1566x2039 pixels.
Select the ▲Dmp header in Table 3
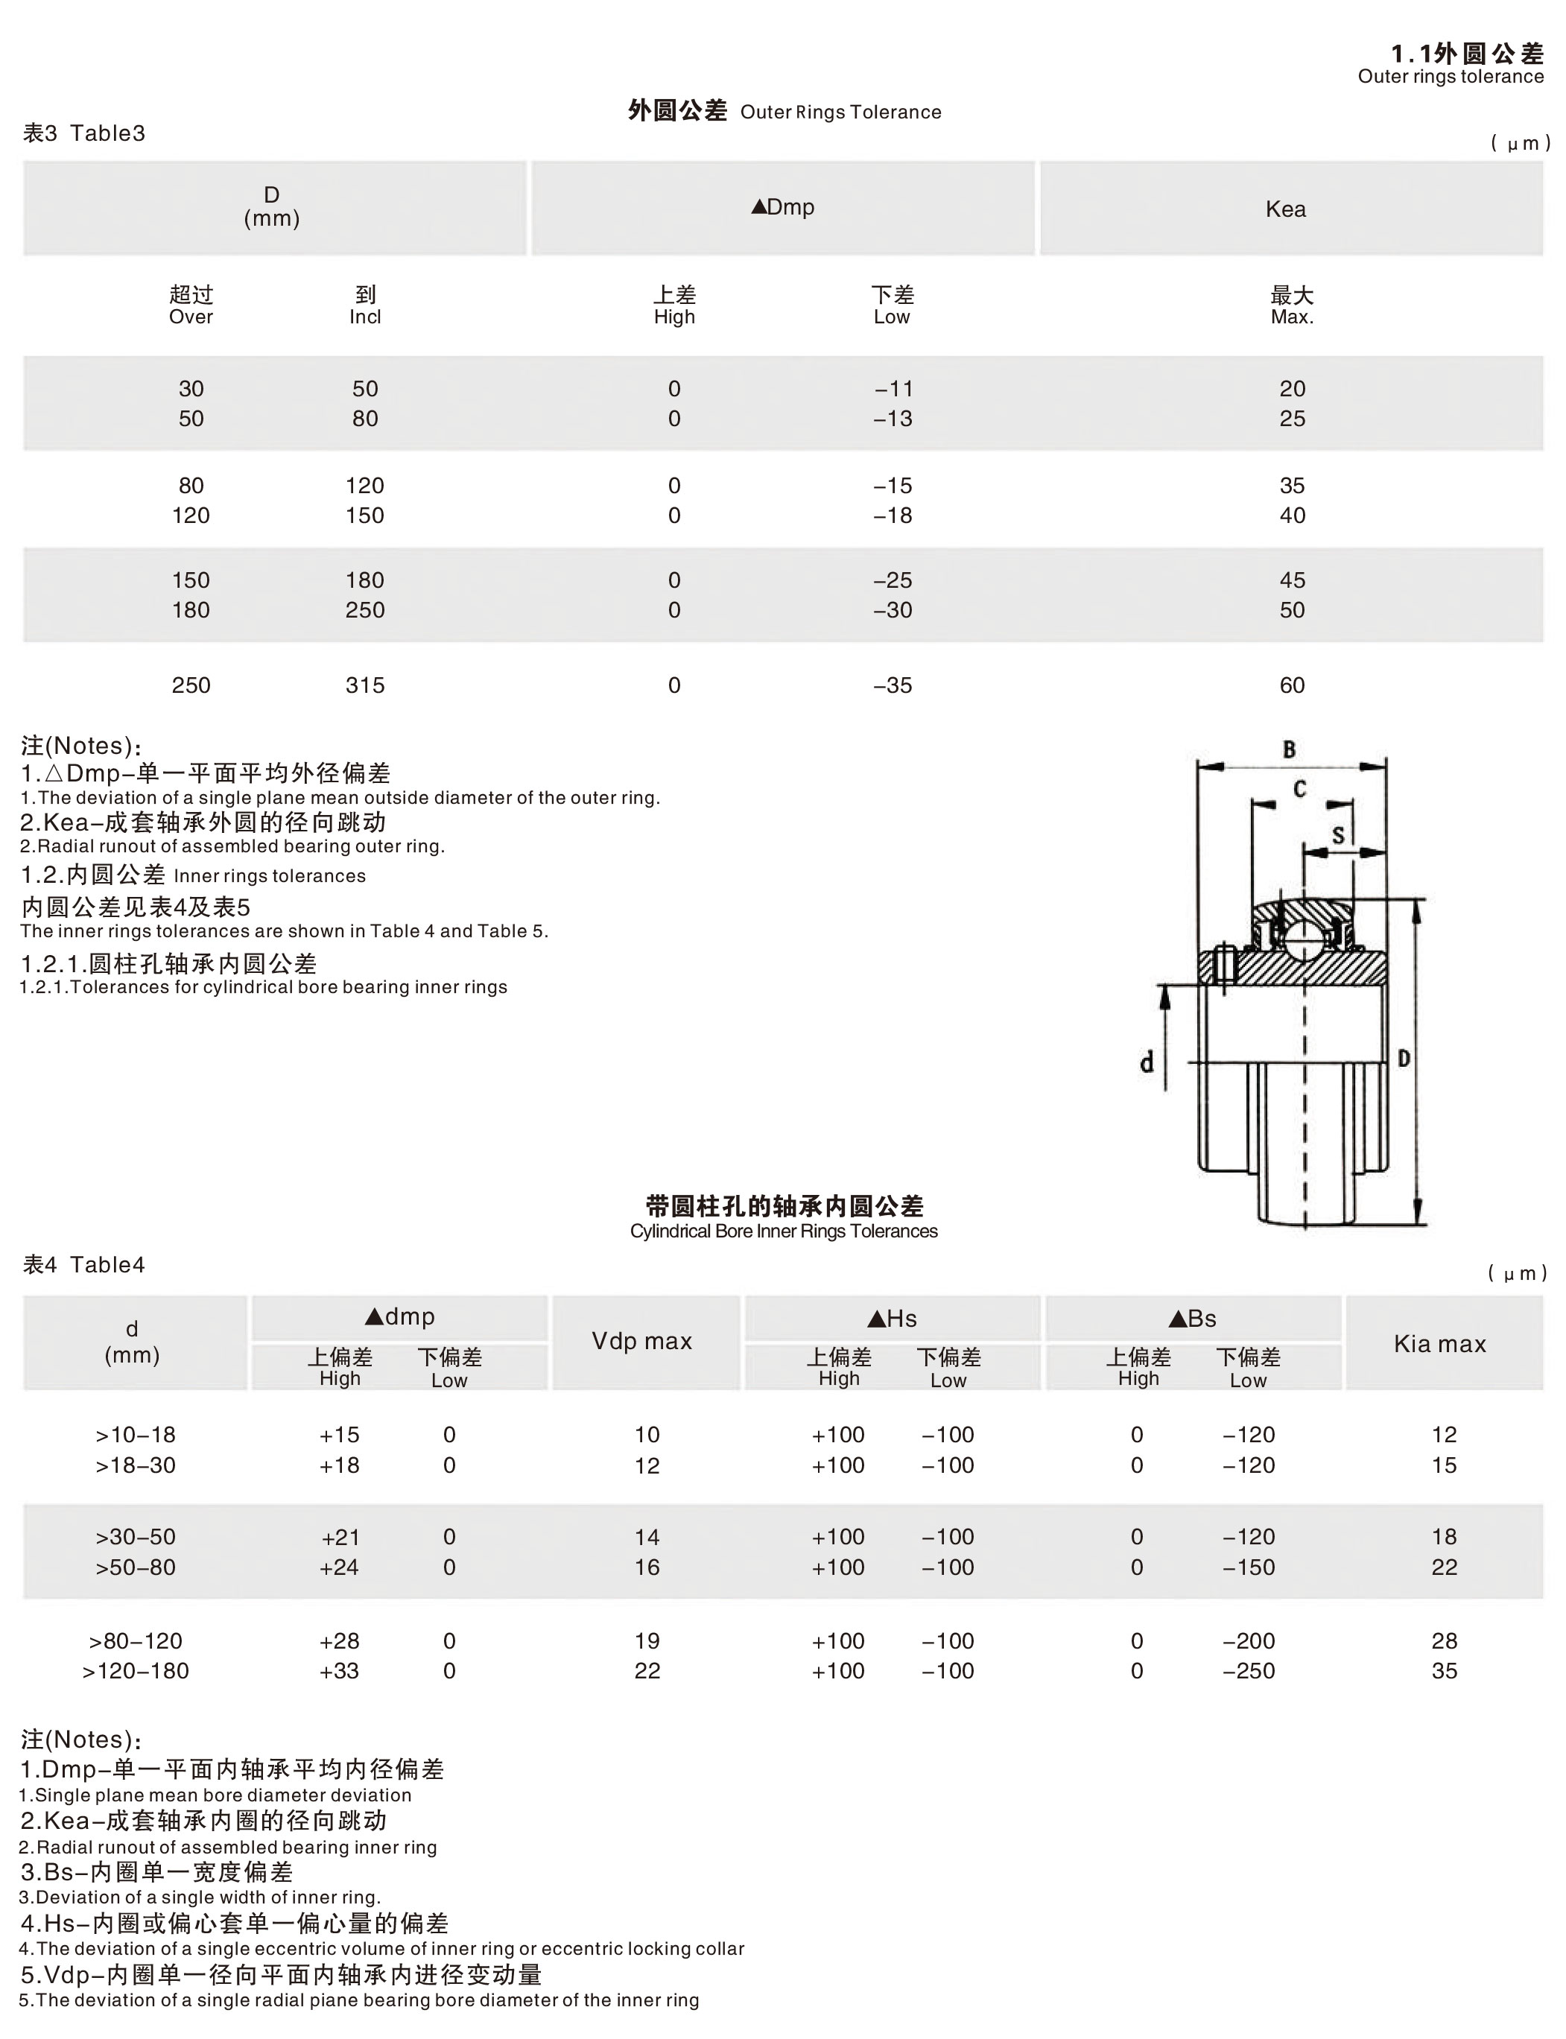pyautogui.click(x=783, y=207)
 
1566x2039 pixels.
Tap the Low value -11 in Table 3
pyautogui.click(x=893, y=389)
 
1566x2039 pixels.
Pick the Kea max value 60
pyautogui.click(x=1292, y=685)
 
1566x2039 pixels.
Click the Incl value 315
pyautogui.click(x=364, y=685)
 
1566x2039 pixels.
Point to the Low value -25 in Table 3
pyautogui.click(x=893, y=580)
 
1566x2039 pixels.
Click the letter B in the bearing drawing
pyautogui.click(x=1289, y=749)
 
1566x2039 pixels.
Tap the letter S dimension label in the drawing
pyautogui.click(x=1339, y=834)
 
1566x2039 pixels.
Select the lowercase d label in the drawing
pyautogui.click(x=1147, y=1062)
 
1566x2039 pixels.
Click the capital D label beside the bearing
pyautogui.click(x=1404, y=1058)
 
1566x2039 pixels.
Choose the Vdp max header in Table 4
pyautogui.click(x=642, y=1341)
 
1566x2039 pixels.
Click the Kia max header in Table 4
pyautogui.click(x=1440, y=1343)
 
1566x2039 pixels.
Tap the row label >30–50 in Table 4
pyautogui.click(x=135, y=1537)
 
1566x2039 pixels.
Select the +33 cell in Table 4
pyautogui.click(x=339, y=1671)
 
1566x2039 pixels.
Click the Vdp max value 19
pyautogui.click(x=647, y=1641)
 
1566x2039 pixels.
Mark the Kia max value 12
pyautogui.click(x=1444, y=1434)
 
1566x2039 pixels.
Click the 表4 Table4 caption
pyautogui.click(x=84, y=1264)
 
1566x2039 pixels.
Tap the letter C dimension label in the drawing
pyautogui.click(x=1299, y=790)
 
